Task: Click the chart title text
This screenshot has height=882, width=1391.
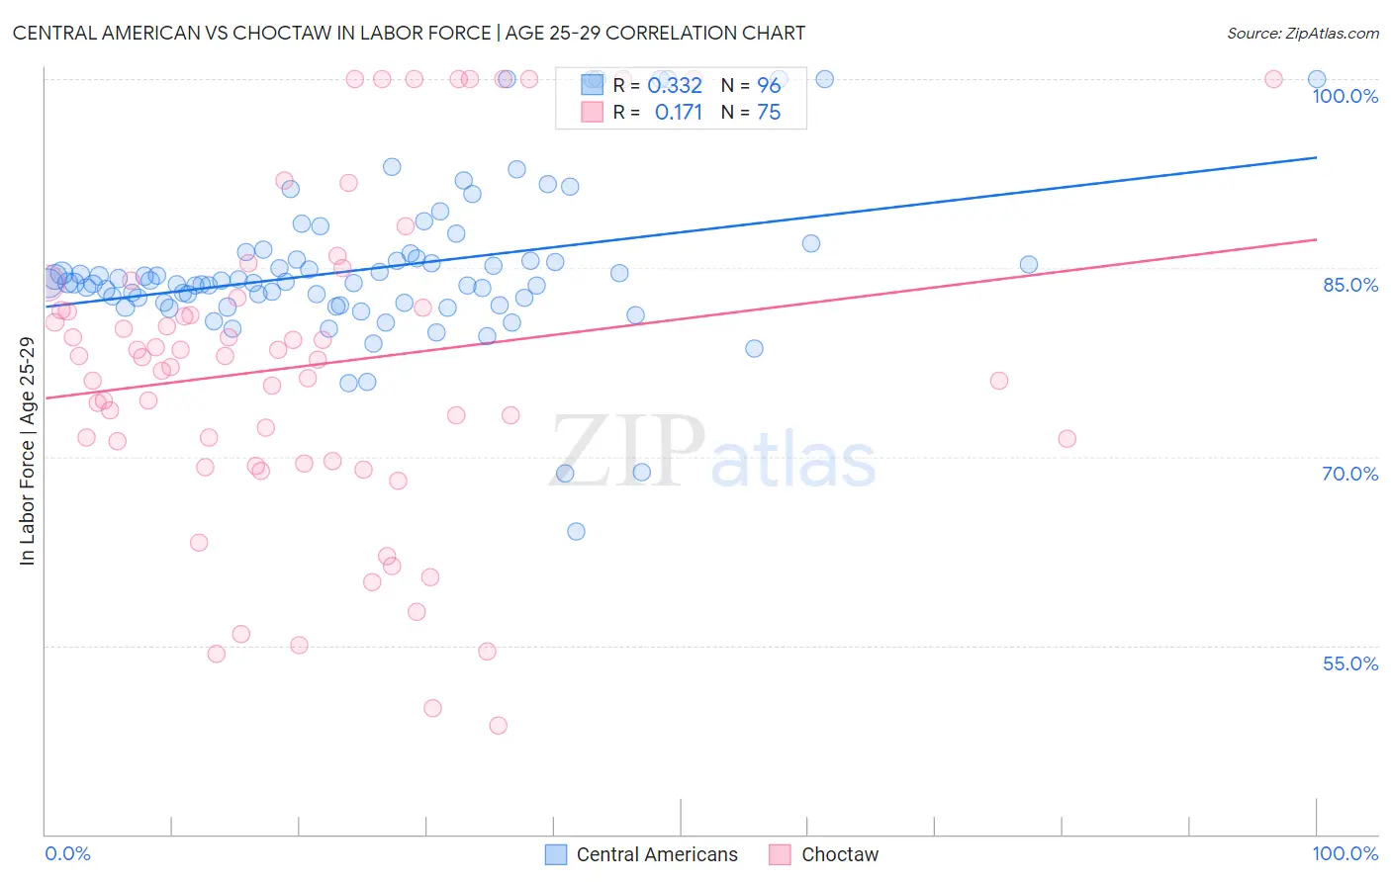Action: point(409,33)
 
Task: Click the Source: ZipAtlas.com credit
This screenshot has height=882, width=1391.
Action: point(1302,34)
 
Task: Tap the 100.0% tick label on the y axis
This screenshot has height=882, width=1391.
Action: point(1345,96)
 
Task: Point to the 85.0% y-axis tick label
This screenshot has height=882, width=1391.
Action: point(1350,285)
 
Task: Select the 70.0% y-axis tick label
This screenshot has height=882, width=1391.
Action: point(1350,474)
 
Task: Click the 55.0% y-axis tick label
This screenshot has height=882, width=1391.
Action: point(1350,663)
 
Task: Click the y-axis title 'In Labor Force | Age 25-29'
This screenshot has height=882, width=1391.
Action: point(27,451)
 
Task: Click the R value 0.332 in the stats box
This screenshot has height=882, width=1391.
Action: point(675,86)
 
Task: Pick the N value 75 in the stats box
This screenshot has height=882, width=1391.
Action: point(769,113)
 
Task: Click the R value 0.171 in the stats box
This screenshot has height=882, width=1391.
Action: point(678,113)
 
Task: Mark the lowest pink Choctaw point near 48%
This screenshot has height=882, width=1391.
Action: point(499,726)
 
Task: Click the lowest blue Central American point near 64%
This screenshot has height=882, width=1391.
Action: point(576,532)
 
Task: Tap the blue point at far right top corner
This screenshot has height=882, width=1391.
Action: point(1317,79)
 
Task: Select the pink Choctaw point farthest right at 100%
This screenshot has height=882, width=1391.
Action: point(1274,79)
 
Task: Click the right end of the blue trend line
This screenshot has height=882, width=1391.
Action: point(1317,157)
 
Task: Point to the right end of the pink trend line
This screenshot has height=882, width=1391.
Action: point(1317,239)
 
